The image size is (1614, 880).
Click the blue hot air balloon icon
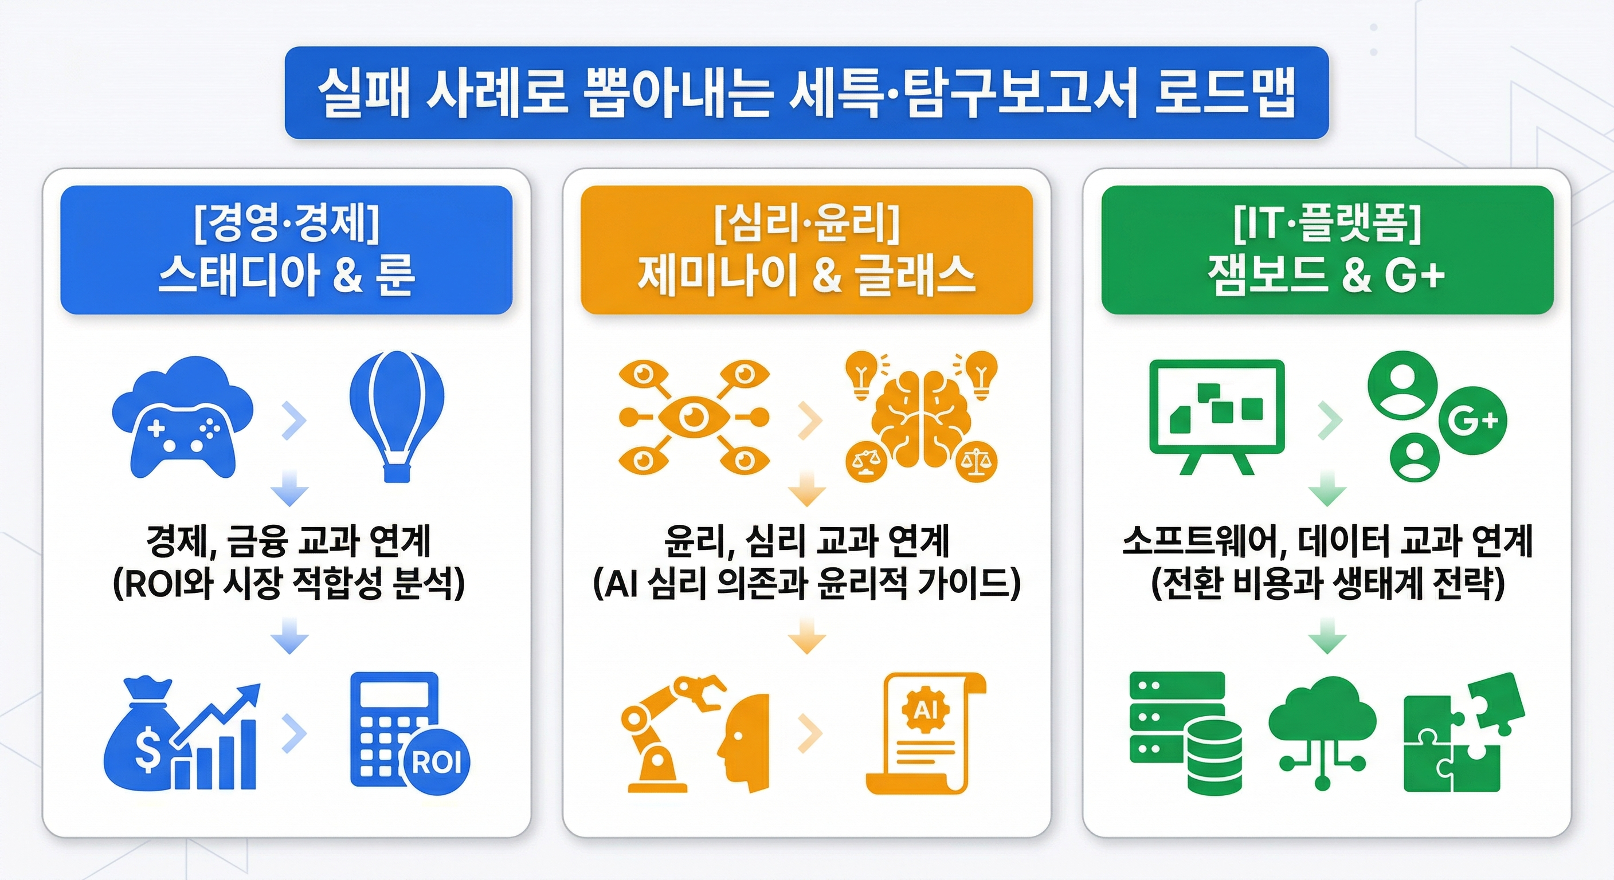pyautogui.click(x=397, y=414)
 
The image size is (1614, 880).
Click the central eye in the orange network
pyautogui.click(x=694, y=416)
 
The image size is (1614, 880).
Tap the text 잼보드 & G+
pyautogui.click(x=1326, y=276)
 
